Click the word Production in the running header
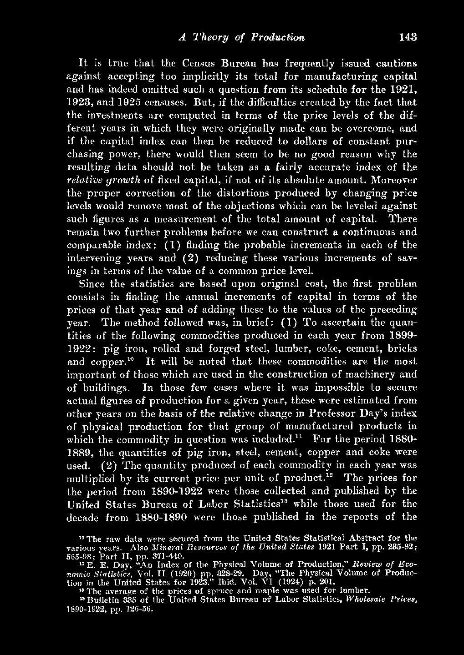(277, 37)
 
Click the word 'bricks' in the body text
(403, 348)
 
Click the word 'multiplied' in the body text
(90, 479)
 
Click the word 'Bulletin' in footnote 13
(104, 600)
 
